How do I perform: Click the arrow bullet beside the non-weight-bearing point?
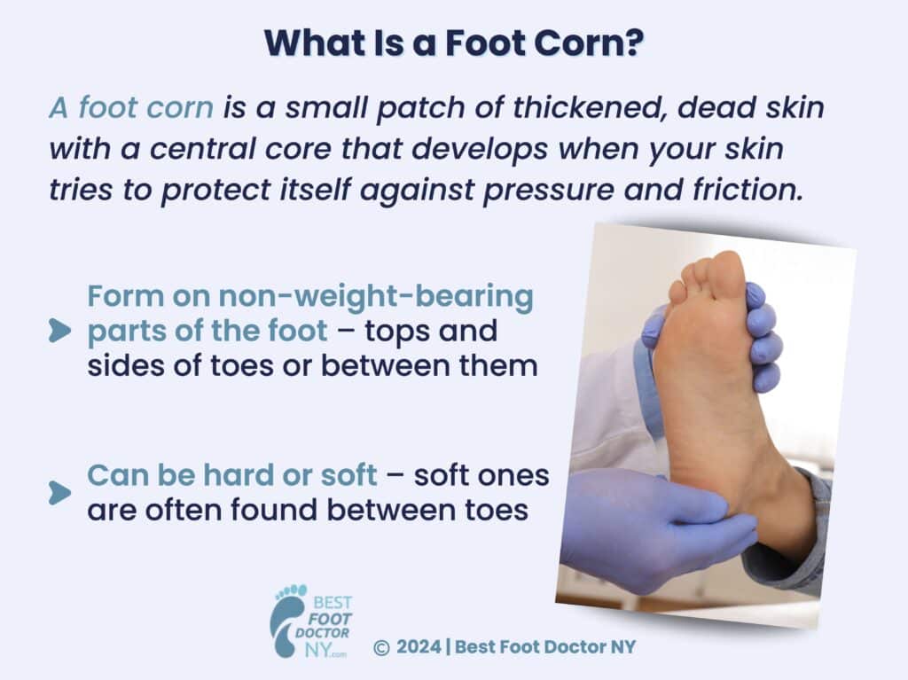tap(59, 332)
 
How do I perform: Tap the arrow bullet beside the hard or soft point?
tap(59, 492)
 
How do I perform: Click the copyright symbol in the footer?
tap(382, 648)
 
